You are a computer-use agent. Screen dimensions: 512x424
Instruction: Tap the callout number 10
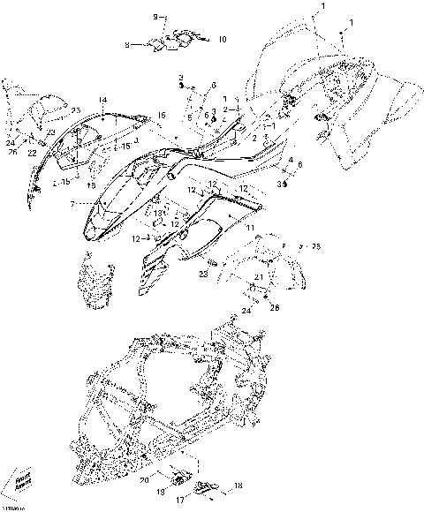click(x=222, y=40)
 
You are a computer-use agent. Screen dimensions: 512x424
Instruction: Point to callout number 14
click(x=102, y=100)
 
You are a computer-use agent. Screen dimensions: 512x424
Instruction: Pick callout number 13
click(x=158, y=214)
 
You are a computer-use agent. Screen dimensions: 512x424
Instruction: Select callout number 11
click(x=250, y=229)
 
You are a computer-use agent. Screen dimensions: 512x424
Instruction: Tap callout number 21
click(x=259, y=277)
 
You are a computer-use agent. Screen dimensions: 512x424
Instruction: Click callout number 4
click(x=290, y=159)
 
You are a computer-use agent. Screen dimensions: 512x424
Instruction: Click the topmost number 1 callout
click(x=322, y=6)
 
